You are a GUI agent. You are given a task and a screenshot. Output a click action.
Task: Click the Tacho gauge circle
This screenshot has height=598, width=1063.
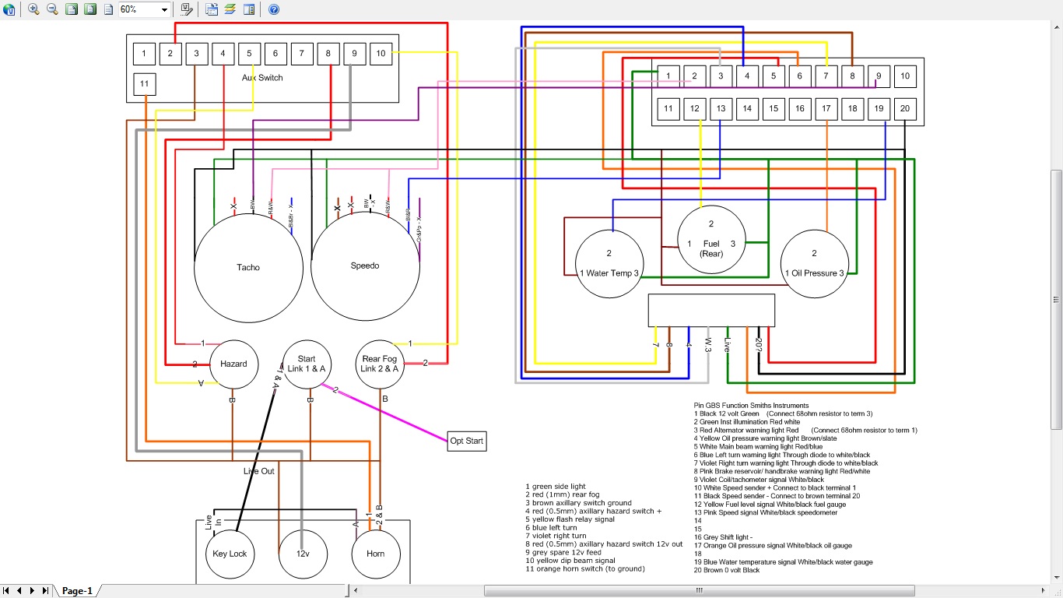[248, 267]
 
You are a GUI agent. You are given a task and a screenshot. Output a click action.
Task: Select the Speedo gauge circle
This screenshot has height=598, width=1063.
[365, 266]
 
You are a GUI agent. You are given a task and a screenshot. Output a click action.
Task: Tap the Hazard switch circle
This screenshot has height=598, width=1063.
[233, 364]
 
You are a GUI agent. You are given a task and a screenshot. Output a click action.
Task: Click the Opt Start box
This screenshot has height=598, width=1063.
[466, 441]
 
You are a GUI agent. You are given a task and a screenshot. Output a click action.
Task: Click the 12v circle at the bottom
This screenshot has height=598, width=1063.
[302, 554]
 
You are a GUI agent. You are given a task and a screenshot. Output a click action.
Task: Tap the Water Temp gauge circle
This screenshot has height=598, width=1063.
[609, 263]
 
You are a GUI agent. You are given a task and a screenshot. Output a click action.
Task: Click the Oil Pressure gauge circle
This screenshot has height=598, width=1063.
[815, 263]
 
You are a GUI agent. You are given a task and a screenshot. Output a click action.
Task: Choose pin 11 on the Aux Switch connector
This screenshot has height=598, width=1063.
[144, 84]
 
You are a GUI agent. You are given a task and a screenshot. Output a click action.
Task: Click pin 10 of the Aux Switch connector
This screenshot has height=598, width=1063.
[381, 54]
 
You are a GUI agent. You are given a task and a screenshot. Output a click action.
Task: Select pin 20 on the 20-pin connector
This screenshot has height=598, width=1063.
[904, 109]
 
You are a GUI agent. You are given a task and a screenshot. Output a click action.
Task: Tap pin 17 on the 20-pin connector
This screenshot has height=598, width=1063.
[826, 109]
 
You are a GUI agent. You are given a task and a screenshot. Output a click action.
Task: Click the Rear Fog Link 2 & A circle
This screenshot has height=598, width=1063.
[379, 364]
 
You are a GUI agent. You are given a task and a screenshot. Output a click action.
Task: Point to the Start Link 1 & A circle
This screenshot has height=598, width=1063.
[307, 364]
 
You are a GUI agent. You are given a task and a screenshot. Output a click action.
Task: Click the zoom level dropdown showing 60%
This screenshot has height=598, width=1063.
[144, 9]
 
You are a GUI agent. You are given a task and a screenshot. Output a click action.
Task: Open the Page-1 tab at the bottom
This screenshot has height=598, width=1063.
[77, 591]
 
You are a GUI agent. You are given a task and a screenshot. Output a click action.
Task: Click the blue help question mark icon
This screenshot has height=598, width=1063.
[274, 9]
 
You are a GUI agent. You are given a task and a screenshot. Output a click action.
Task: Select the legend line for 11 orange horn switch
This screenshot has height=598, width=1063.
[585, 568]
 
